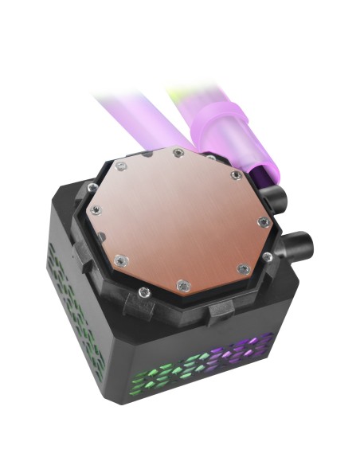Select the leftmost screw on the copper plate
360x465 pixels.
pyautogui.click(x=95, y=210)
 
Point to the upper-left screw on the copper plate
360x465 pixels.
pyautogui.click(x=120, y=166)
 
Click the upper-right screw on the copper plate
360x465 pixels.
pyautogui.click(x=236, y=175)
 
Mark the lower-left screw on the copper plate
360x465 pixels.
pyautogui.click(x=119, y=259)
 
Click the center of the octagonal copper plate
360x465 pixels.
pyautogui.click(x=180, y=217)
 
